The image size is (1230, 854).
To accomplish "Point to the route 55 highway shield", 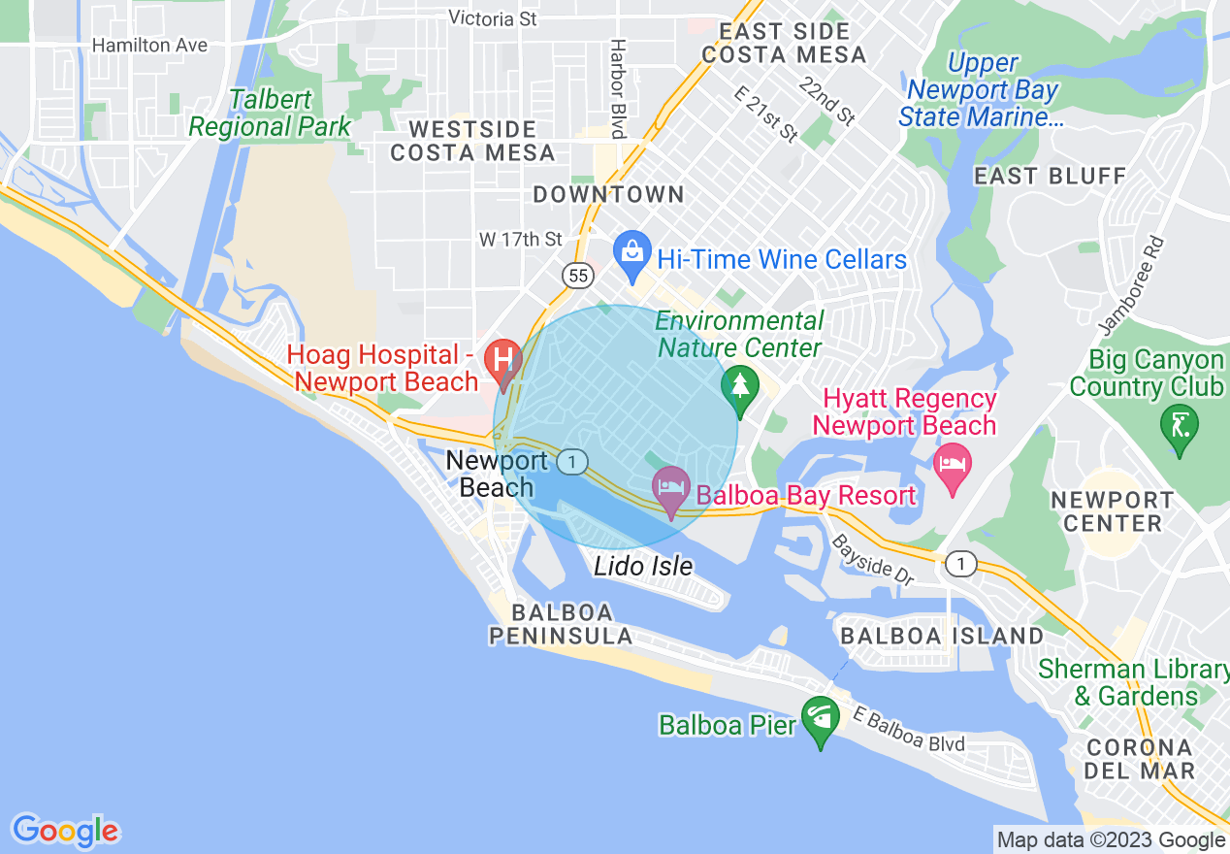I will [579, 277].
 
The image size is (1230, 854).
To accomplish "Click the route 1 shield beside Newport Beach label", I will [573, 463].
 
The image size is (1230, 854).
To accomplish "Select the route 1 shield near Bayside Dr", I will [960, 563].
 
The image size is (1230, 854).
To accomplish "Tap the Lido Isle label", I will [643, 566].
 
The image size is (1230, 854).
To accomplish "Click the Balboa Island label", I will [942, 636].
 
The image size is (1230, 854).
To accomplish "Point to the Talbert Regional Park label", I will [270, 114].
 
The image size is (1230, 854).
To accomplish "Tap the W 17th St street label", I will [521, 239].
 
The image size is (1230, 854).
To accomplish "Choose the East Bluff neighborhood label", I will [1050, 177].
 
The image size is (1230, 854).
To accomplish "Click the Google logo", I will [65, 831].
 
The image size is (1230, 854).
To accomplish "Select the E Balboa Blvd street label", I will [909, 729].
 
